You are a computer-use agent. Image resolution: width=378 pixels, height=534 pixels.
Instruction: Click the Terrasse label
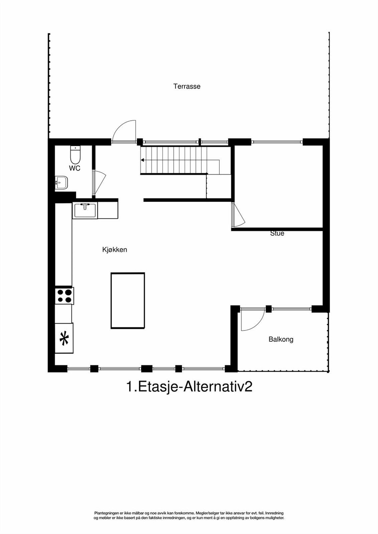pyautogui.click(x=187, y=86)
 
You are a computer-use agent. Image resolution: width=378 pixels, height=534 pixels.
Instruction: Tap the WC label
pyautogui.click(x=75, y=168)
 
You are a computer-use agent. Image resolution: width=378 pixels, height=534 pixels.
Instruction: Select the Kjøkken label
pyautogui.click(x=115, y=250)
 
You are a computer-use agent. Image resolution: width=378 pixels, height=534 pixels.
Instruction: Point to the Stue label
pyautogui.click(x=277, y=233)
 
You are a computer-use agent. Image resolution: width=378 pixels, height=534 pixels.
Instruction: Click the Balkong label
pyautogui.click(x=281, y=339)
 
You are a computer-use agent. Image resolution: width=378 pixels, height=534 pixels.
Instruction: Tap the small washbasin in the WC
pyautogui.click(x=61, y=183)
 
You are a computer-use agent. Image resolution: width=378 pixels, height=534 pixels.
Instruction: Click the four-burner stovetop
pyautogui.click(x=65, y=296)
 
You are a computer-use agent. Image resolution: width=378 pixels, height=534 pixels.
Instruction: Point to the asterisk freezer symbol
pyautogui.click(x=64, y=338)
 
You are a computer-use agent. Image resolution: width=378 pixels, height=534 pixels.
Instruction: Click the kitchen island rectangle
pyautogui.click(x=128, y=301)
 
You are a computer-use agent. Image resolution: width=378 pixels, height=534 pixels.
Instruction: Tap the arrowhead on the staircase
pyautogui.click(x=142, y=160)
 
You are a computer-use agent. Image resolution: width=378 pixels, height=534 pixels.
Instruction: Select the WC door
pyautogui.click(x=99, y=184)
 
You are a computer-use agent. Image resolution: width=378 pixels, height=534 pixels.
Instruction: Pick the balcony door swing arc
pyautogui.click(x=252, y=320)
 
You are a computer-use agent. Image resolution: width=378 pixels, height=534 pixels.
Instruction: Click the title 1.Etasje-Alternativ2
pyautogui.click(x=189, y=387)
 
